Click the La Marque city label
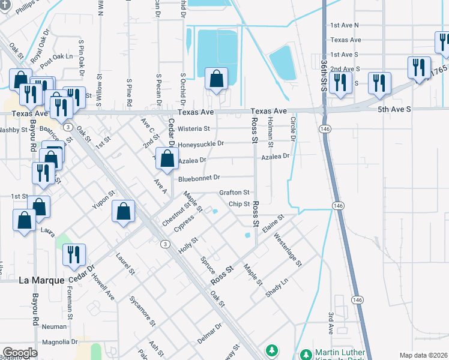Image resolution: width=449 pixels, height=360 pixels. (x=41, y=280)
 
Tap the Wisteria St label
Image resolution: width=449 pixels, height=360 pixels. (x=193, y=128)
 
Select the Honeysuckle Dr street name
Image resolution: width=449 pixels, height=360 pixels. (x=201, y=144)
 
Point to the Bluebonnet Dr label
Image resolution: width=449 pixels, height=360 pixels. (x=199, y=178)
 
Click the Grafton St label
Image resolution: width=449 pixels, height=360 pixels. (x=234, y=193)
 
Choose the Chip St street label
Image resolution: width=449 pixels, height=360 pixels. (x=239, y=204)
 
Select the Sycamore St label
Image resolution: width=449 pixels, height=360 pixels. (x=142, y=310)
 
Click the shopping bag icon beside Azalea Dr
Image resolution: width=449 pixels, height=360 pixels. (x=167, y=159)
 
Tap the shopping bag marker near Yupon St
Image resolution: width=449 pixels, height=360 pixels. (x=123, y=211)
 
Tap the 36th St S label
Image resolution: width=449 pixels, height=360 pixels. (x=323, y=75)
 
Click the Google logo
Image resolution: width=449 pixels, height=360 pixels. (x=20, y=353)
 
